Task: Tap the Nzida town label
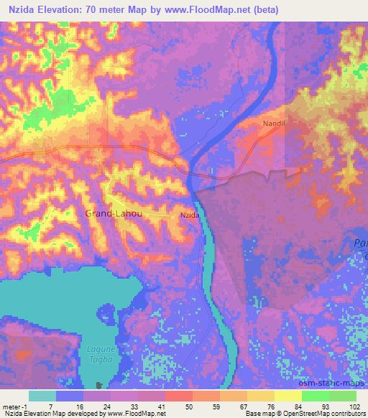[189, 215]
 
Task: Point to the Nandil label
[273, 124]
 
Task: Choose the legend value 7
[50, 406]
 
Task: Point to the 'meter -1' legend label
[14, 406]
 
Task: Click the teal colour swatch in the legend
[42, 396]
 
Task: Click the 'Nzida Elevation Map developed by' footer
[52, 414]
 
